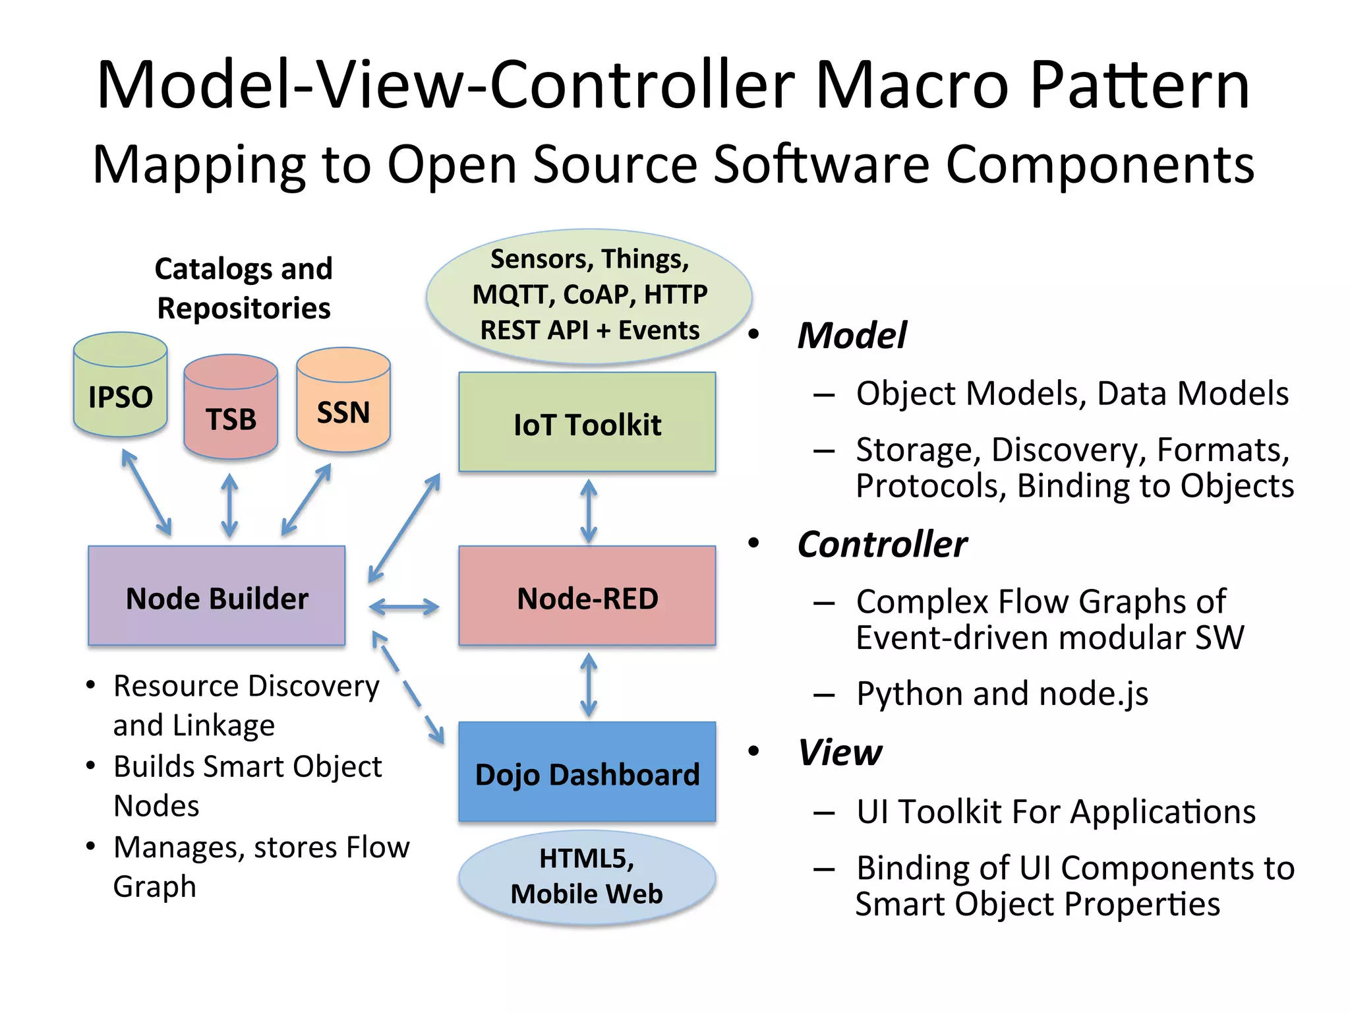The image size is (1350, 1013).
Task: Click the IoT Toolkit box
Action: click(587, 423)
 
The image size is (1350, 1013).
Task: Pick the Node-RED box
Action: click(587, 596)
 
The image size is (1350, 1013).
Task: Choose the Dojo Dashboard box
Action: click(587, 772)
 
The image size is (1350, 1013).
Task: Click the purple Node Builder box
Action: click(216, 596)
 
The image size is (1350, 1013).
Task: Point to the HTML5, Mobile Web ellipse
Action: click(587, 877)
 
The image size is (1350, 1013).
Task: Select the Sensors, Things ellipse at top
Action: click(589, 295)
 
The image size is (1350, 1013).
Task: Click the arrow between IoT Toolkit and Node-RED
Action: click(589, 511)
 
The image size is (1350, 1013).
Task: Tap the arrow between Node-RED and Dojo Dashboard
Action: click(589, 685)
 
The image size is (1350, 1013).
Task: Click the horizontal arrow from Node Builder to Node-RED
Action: click(404, 607)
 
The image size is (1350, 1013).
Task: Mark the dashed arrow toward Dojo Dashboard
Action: click(409, 689)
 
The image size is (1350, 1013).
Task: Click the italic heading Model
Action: click(852, 335)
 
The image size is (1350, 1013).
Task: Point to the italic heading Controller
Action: click(882, 544)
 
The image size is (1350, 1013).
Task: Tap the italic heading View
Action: click(840, 752)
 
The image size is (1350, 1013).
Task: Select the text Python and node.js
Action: click(1002, 694)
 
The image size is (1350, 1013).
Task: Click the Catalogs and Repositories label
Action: click(243, 288)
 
